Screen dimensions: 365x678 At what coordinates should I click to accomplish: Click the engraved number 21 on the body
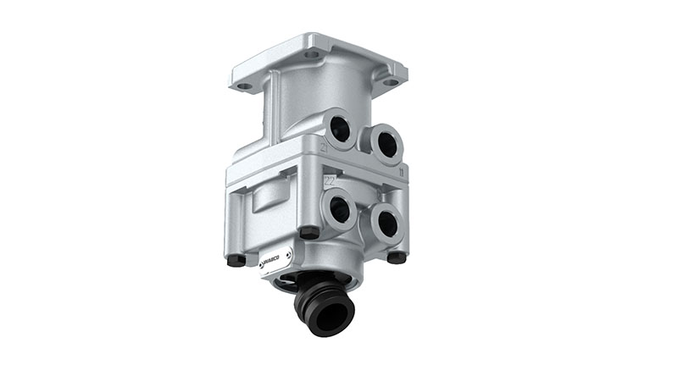click(x=325, y=149)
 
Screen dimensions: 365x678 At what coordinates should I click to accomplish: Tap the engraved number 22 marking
click(x=331, y=180)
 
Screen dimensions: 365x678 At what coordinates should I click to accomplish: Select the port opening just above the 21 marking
click(x=341, y=129)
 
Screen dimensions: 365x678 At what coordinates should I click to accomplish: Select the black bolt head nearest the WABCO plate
click(x=236, y=260)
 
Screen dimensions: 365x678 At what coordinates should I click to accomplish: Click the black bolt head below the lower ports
click(x=393, y=257)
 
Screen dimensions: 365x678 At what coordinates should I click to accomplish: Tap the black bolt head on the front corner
click(x=309, y=232)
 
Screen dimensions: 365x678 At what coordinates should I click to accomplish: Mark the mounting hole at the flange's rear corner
click(x=313, y=53)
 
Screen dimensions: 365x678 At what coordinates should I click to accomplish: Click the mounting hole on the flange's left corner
click(x=244, y=86)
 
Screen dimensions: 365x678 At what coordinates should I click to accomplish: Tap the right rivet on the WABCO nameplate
click(x=289, y=252)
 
